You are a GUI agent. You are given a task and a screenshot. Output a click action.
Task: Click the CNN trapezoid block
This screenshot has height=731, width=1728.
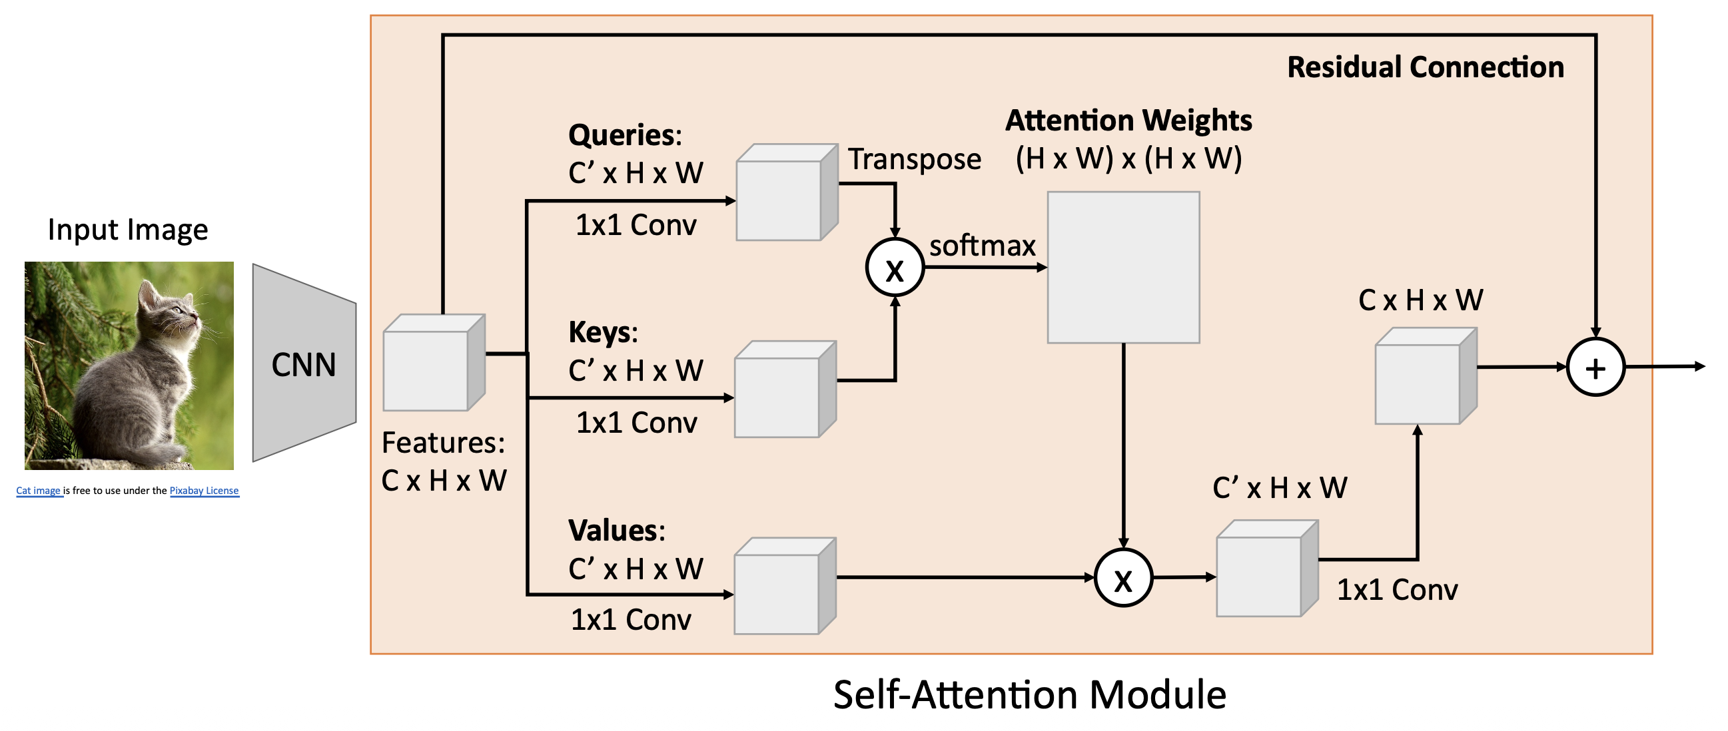pos(304,363)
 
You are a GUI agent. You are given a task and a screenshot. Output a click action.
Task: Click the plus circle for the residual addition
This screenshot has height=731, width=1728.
pos(1595,367)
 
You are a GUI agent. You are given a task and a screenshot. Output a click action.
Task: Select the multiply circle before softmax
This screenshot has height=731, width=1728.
pos(895,268)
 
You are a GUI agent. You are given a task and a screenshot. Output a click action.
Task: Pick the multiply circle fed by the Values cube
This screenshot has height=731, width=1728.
pos(1123,577)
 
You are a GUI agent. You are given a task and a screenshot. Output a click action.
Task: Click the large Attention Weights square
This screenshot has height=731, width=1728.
pos(1123,268)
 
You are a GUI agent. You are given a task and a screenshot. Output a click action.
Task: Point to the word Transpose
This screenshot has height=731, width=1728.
pos(915,160)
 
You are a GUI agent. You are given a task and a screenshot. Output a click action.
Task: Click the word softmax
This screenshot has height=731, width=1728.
pos(982,246)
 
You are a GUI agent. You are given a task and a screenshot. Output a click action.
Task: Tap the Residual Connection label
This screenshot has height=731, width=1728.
pos(1426,68)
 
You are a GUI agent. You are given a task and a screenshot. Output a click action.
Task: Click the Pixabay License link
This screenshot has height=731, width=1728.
pos(204,491)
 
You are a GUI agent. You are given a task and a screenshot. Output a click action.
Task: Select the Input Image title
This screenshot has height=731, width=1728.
pos(127,230)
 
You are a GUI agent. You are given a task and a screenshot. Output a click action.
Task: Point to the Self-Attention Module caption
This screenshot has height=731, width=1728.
pos(1029,695)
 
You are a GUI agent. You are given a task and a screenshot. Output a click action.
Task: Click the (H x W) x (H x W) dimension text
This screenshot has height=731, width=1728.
pos(1128,159)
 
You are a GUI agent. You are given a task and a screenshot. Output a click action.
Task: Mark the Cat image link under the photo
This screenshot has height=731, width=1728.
pos(38,491)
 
